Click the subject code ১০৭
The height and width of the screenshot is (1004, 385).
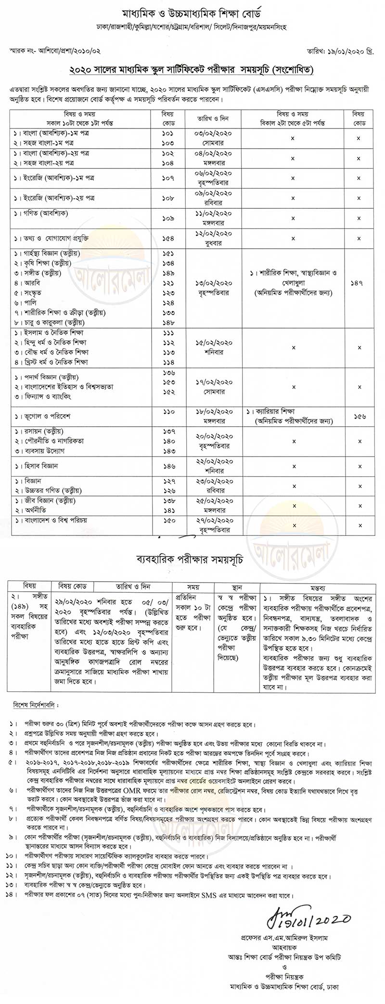[168, 178]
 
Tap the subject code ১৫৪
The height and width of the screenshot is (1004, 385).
[168, 238]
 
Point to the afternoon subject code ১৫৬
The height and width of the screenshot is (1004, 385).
[359, 416]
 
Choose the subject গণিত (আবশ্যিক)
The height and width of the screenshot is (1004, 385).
[43, 213]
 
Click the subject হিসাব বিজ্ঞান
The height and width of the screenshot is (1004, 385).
[38, 466]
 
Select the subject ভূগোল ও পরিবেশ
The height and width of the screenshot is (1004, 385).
[43, 412]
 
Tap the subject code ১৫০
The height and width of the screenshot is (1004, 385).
[168, 520]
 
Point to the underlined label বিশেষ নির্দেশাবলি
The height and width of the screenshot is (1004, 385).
[34, 705]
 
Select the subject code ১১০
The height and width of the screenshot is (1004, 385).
[168, 412]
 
